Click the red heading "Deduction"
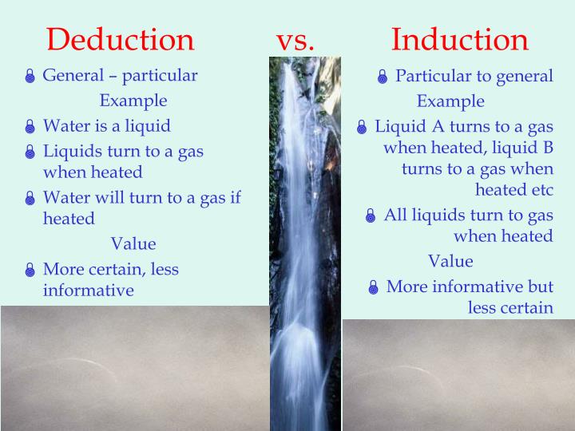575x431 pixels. click(120, 39)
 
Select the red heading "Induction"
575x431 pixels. click(459, 39)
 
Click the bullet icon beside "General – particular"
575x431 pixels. click(30, 77)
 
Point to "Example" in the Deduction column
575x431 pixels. click(133, 101)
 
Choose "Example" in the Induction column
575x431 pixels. click(450, 101)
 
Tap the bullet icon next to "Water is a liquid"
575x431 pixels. click(30, 127)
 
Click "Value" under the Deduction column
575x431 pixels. click(133, 243)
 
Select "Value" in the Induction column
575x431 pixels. click(450, 261)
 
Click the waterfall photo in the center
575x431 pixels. click(304, 239)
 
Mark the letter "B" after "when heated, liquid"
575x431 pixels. click(547, 148)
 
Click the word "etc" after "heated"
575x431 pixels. click(540, 190)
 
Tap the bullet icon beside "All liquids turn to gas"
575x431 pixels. click(371, 216)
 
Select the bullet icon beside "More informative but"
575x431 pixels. click(373, 288)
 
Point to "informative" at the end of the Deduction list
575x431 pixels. click(88, 290)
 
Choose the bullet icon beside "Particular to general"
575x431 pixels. click(383, 77)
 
